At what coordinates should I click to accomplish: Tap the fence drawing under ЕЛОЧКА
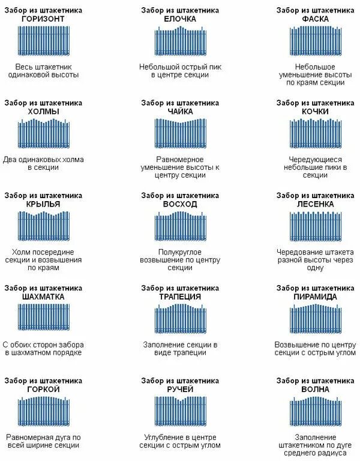[x=180, y=41]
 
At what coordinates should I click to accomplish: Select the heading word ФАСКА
[x=316, y=19]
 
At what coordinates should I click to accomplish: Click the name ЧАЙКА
[x=180, y=111]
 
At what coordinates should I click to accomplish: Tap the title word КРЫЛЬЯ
[x=43, y=204]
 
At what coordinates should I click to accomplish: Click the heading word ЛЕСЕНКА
[x=316, y=204]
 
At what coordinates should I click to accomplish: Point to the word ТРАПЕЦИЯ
[x=180, y=297]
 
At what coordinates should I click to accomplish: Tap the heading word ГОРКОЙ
[x=43, y=389]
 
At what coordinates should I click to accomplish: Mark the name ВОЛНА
[x=316, y=389]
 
